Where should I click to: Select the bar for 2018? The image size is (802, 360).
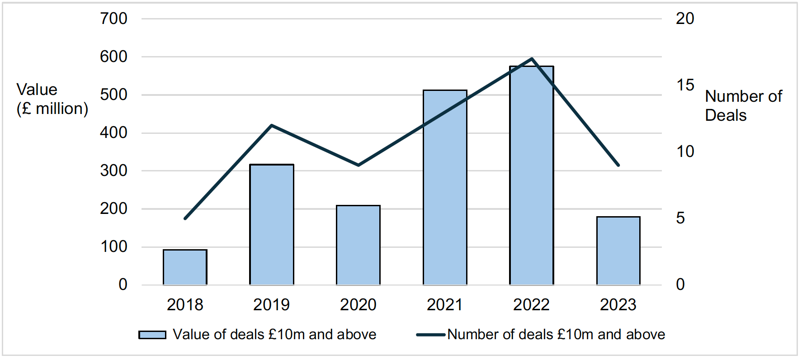[x=185, y=267]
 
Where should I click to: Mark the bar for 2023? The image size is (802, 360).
[x=618, y=251]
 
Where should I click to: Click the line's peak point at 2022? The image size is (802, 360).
[x=532, y=59]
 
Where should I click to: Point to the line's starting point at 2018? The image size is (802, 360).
[x=185, y=218]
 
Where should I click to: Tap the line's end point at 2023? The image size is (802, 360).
[x=618, y=165]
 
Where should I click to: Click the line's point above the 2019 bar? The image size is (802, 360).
[x=272, y=125]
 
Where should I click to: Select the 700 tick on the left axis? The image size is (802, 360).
[x=114, y=19]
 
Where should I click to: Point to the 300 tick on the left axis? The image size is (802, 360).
[x=114, y=171]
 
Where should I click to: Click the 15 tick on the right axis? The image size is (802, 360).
[x=685, y=85]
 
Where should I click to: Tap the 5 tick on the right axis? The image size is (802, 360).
[x=680, y=218]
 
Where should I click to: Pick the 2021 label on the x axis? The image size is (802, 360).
[x=445, y=305]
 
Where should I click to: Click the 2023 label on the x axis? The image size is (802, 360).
[x=618, y=305]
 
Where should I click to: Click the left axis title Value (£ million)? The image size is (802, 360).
[x=52, y=99]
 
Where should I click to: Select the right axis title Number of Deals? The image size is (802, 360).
[x=743, y=105]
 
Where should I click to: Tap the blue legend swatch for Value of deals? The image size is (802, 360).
[x=152, y=335]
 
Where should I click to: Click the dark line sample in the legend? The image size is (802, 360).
[x=431, y=335]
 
